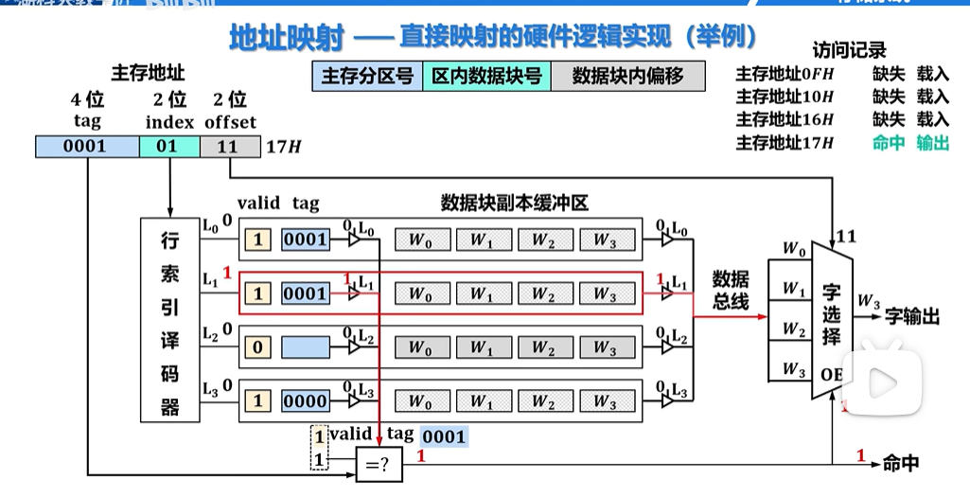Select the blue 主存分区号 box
367,77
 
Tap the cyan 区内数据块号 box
486,77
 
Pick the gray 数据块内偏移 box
627,77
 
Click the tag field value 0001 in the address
86,147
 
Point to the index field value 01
168,147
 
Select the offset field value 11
228,147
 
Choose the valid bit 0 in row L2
257,347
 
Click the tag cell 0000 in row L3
305,400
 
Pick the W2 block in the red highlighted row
542,294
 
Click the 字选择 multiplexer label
831,314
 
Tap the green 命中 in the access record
888,144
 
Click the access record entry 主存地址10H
785,97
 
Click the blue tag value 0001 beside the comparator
443,437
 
